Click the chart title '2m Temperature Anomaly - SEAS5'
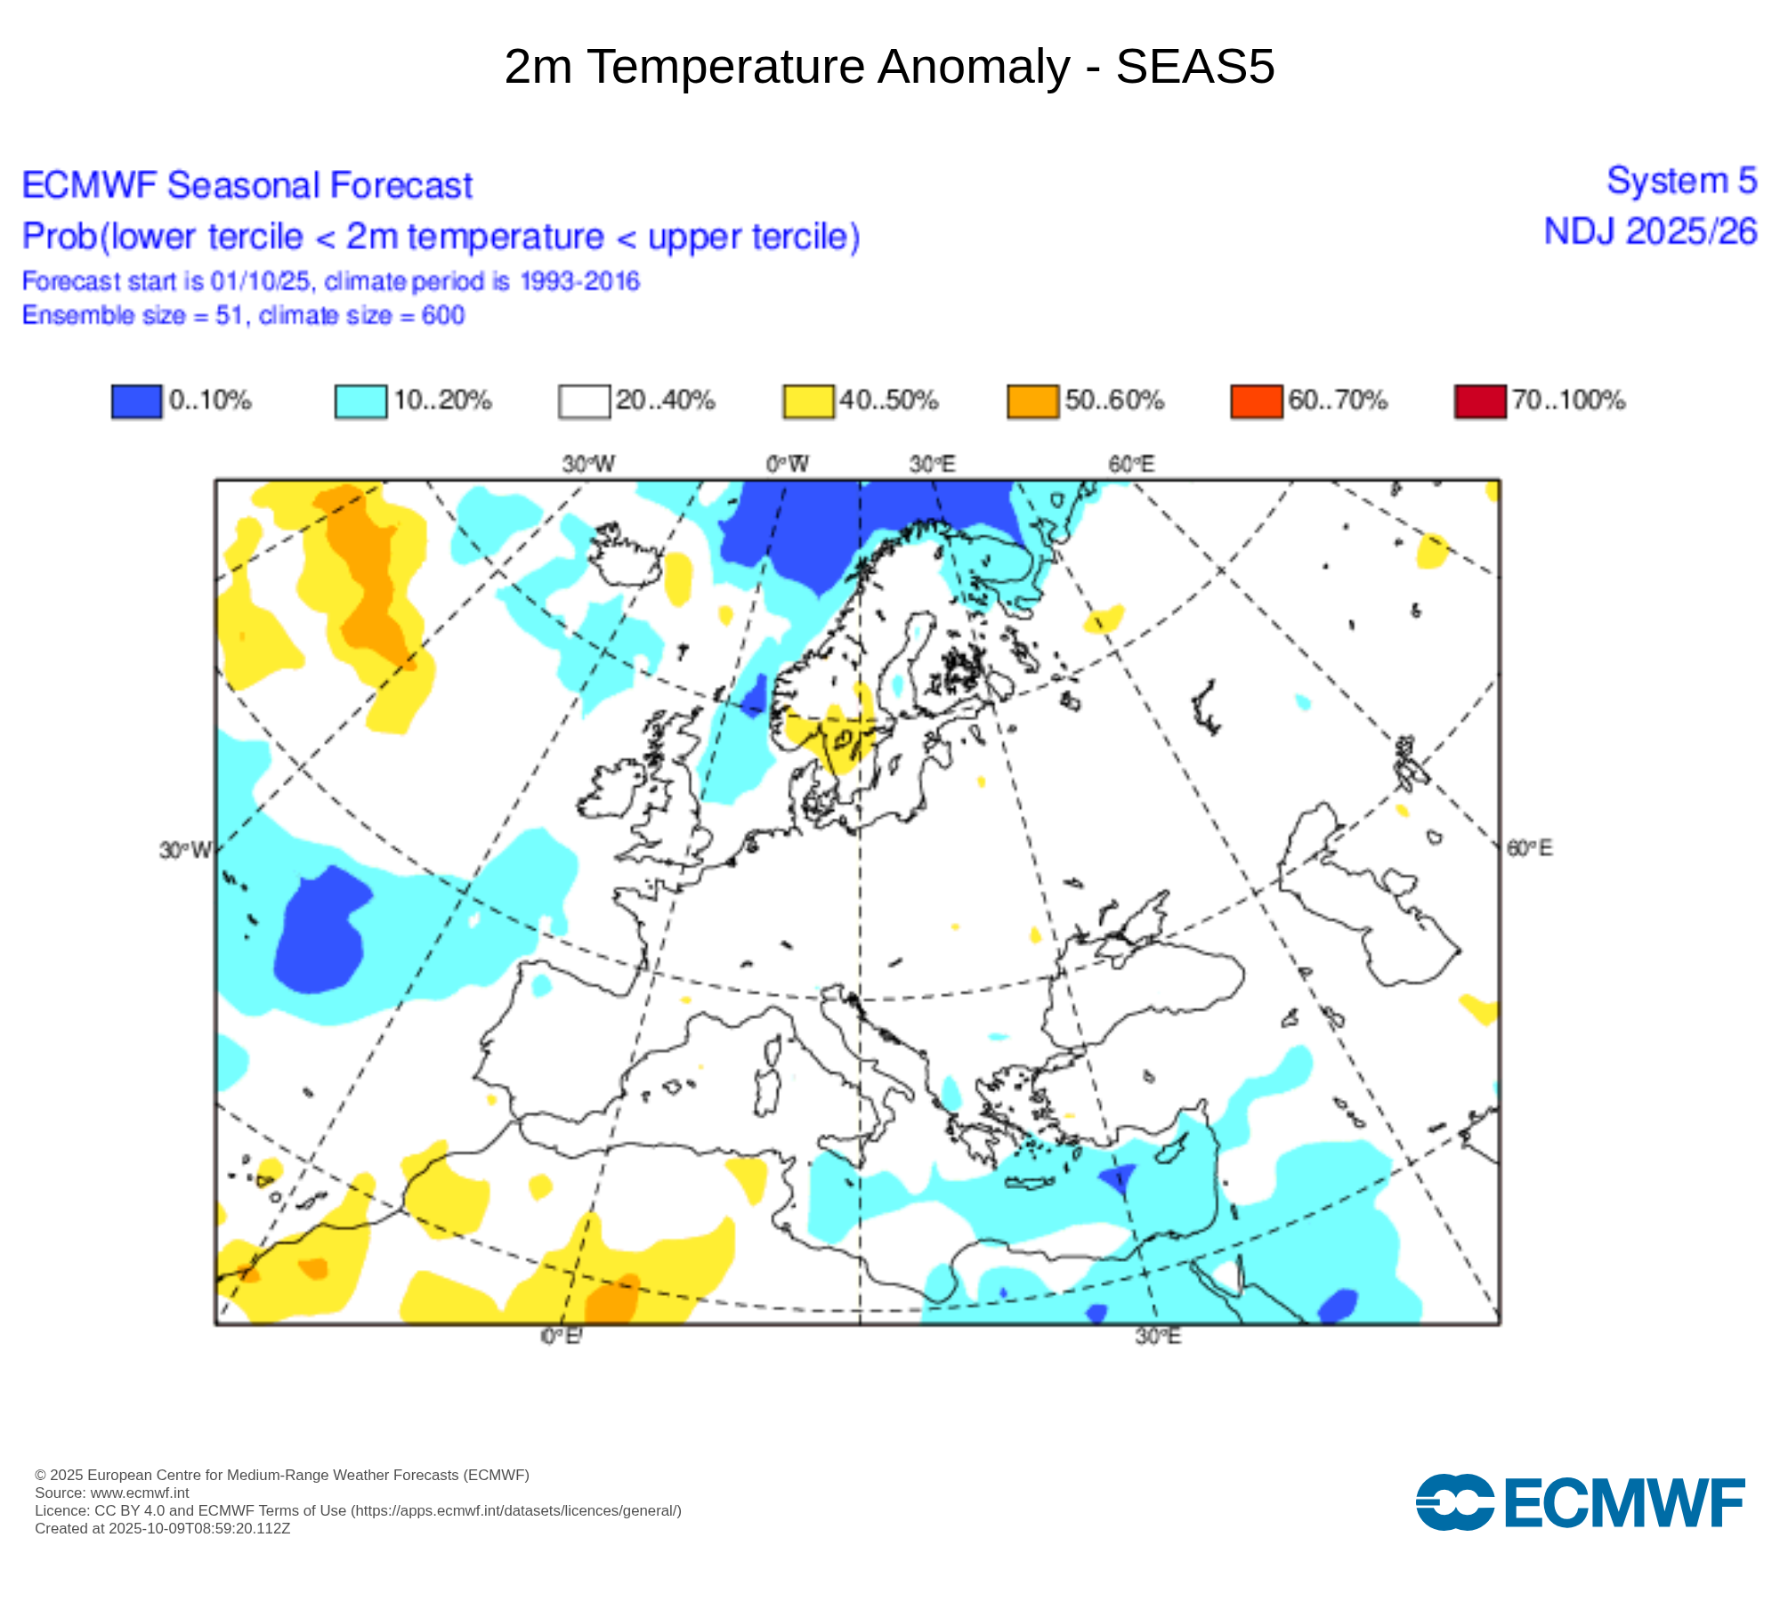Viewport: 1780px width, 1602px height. pyautogui.click(x=889, y=67)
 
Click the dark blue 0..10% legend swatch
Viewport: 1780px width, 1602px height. pyautogui.click(x=136, y=400)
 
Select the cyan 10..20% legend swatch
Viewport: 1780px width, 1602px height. pyautogui.click(x=360, y=400)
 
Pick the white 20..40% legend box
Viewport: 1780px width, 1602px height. pyautogui.click(x=584, y=400)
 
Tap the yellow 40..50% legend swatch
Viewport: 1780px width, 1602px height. pyautogui.click(x=808, y=400)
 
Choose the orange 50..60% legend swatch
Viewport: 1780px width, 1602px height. pyautogui.click(x=1032, y=400)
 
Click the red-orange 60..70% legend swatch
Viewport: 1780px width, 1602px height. pyautogui.click(x=1256, y=400)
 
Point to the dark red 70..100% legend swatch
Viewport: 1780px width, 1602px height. pyautogui.click(x=1480, y=400)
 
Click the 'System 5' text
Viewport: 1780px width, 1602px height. pyautogui.click(x=1681, y=181)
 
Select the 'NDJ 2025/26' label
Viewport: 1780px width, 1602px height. pyautogui.click(x=1650, y=231)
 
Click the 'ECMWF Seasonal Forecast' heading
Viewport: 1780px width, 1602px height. pyautogui.click(x=247, y=185)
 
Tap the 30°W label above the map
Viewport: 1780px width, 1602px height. pyautogui.click(x=588, y=464)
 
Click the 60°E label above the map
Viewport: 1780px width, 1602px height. pyautogui.click(x=1131, y=464)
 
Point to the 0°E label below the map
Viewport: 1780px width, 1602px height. pyautogui.click(x=562, y=1336)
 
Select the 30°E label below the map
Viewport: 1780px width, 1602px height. pyautogui.click(x=1158, y=1336)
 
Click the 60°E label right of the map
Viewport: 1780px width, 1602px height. pyautogui.click(x=1529, y=848)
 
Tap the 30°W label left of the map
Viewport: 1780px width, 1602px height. pyautogui.click(x=185, y=850)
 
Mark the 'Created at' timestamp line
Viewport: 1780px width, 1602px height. pyautogui.click(x=163, y=1528)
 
